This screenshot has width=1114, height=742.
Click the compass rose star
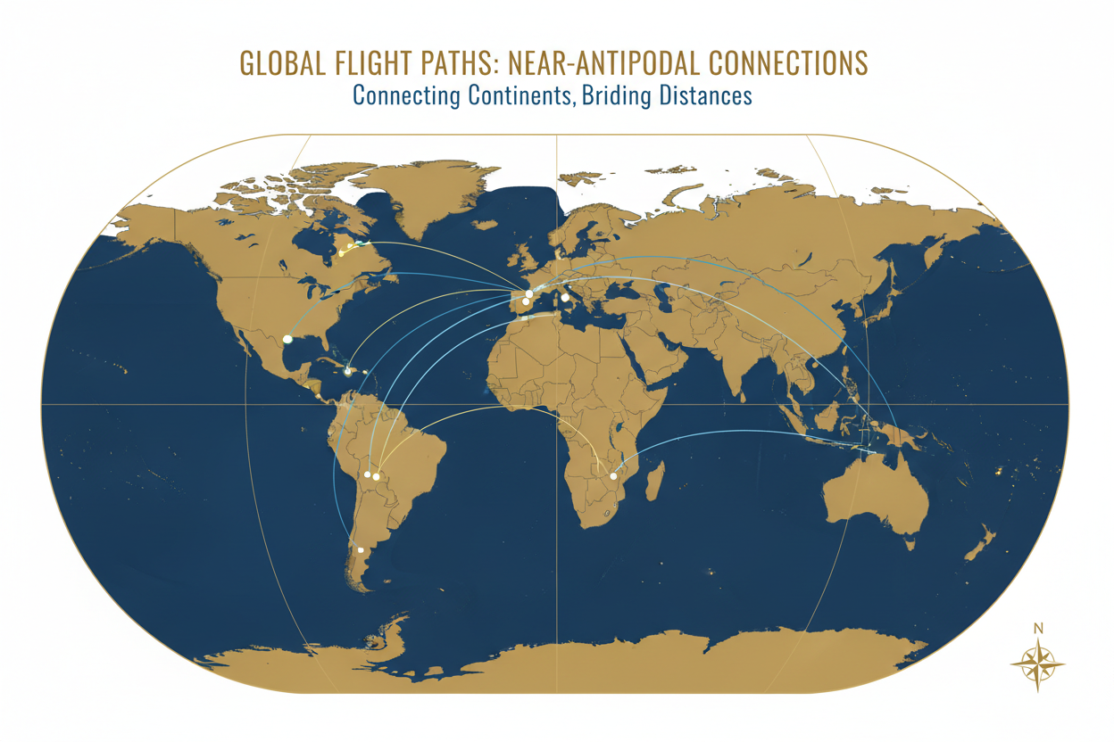(x=1037, y=664)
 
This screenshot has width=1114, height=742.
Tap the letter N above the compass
(x=1037, y=628)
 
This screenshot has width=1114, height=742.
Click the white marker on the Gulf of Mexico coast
(x=287, y=340)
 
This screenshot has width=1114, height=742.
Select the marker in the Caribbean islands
(x=347, y=371)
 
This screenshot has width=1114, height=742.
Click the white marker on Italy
(x=564, y=298)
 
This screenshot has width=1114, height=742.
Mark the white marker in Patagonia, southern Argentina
(x=361, y=551)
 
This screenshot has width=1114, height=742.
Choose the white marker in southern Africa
(x=613, y=476)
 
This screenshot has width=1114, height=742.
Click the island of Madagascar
(x=654, y=482)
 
